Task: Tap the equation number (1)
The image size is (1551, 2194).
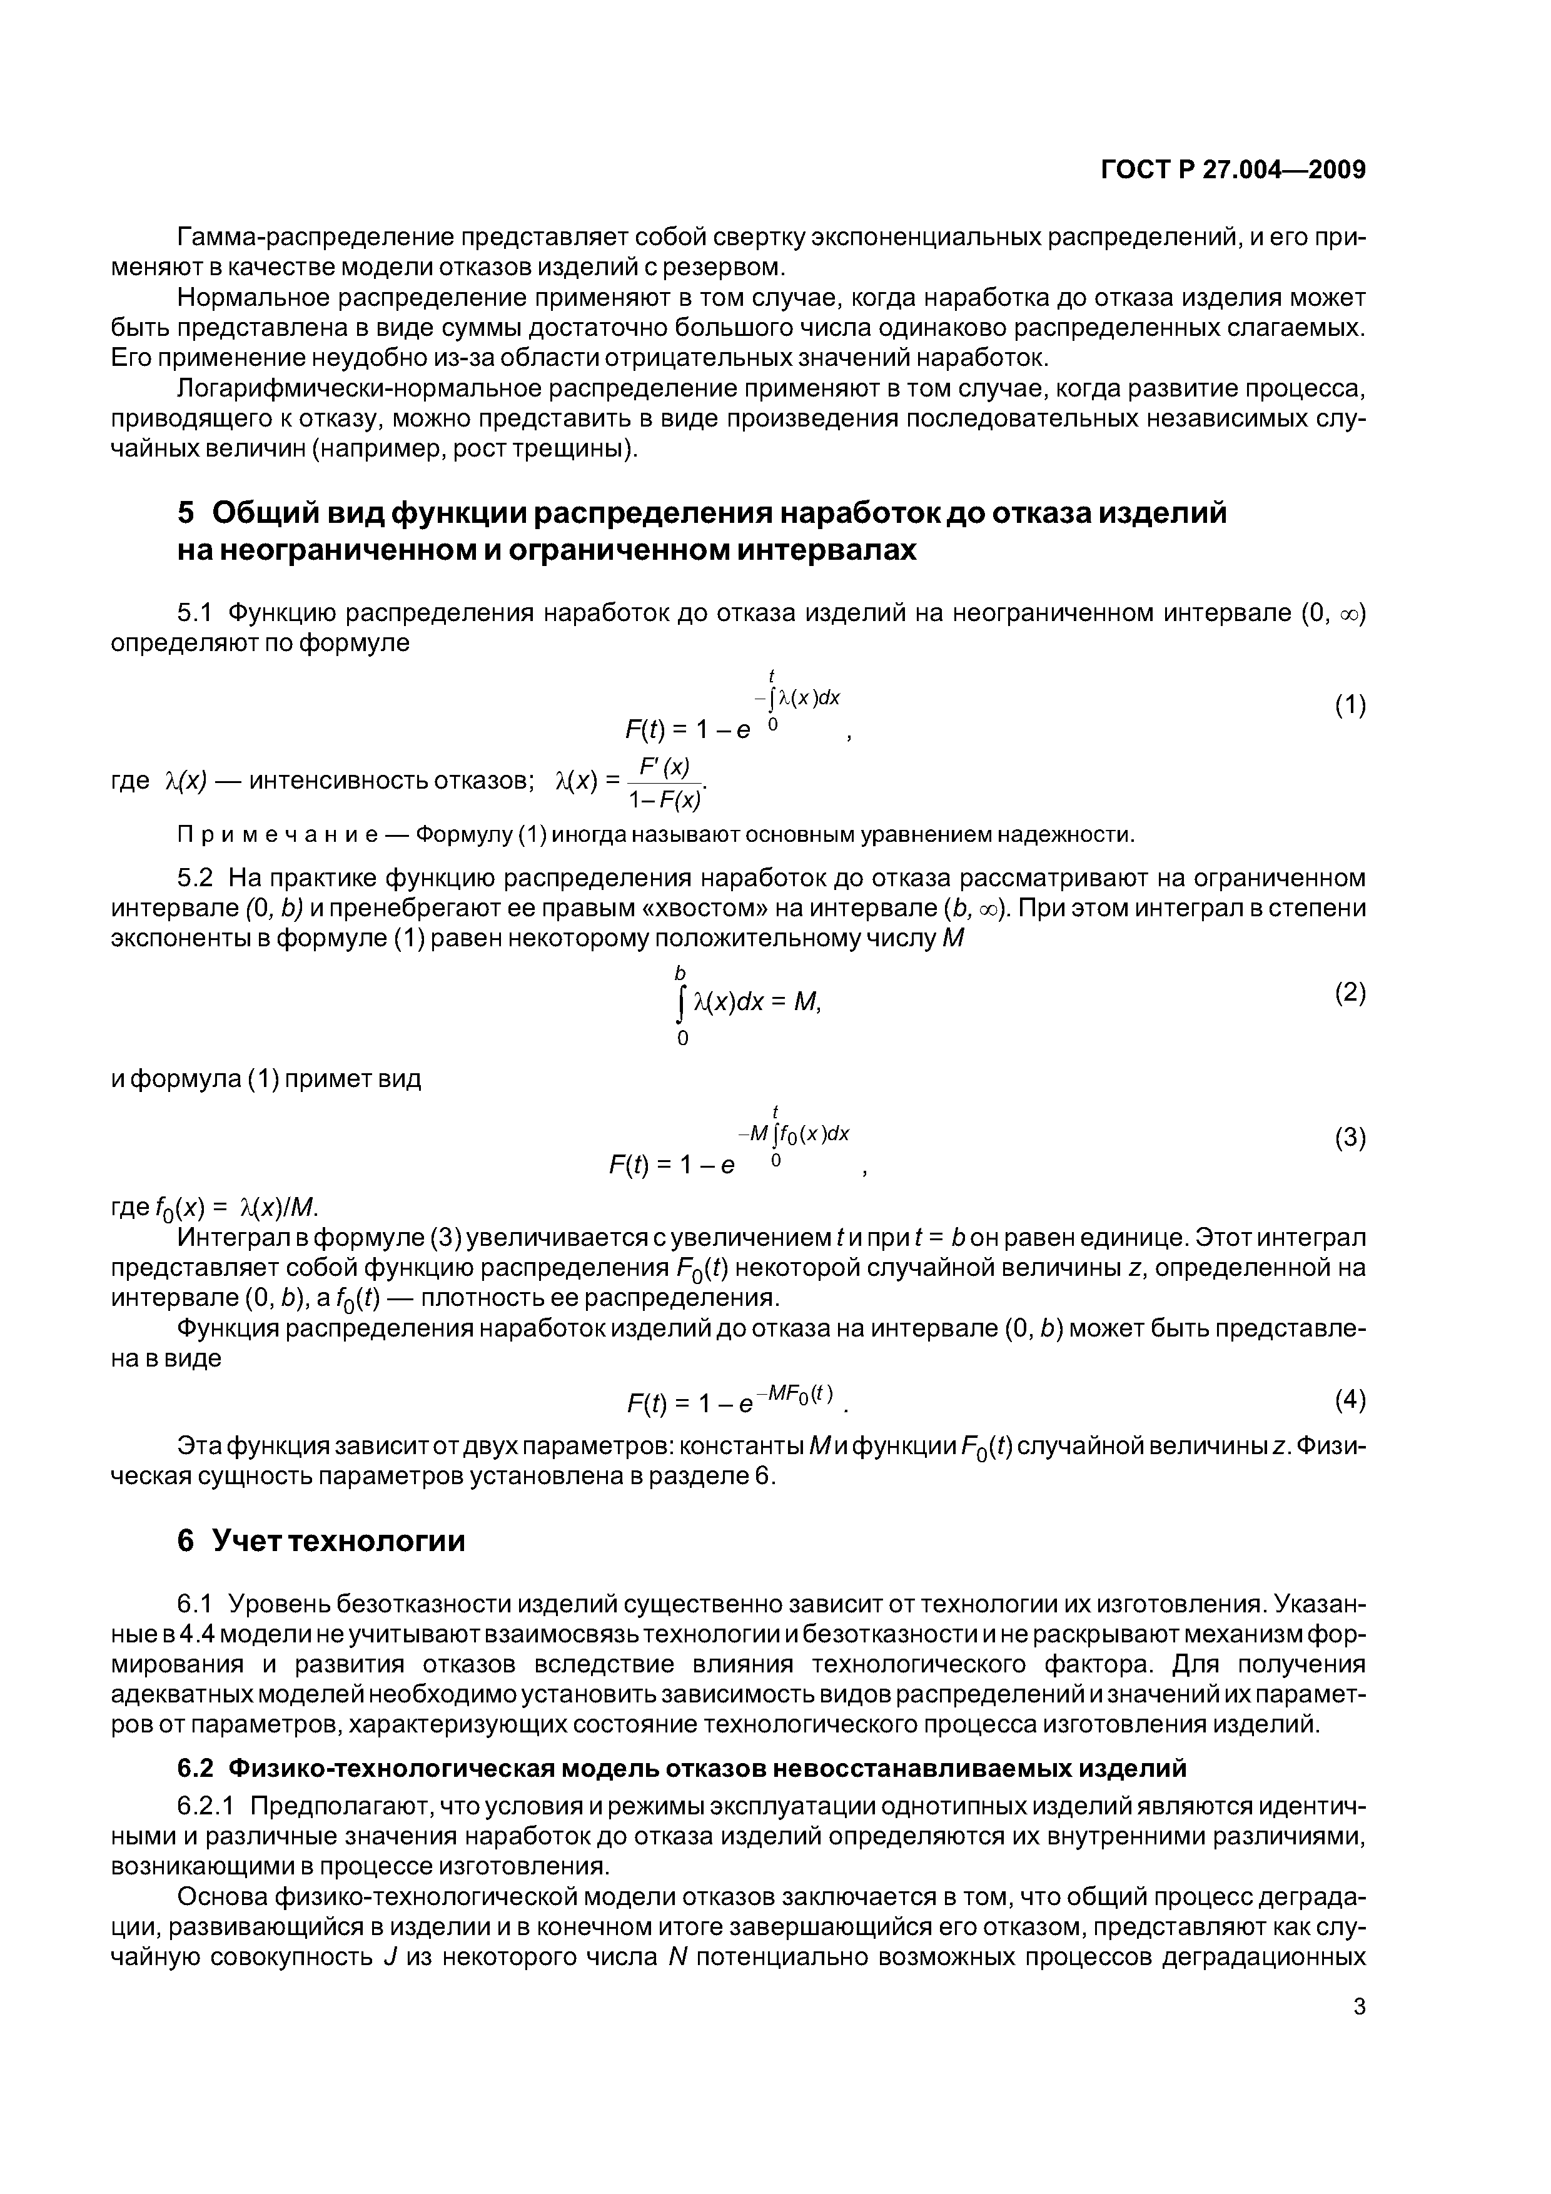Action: click(x=1350, y=705)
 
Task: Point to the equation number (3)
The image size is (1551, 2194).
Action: click(x=1350, y=1138)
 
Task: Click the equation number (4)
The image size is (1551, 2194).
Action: click(x=1350, y=1400)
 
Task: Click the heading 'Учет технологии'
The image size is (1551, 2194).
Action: click(x=338, y=1541)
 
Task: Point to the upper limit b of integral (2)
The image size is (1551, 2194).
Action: click(x=680, y=973)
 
